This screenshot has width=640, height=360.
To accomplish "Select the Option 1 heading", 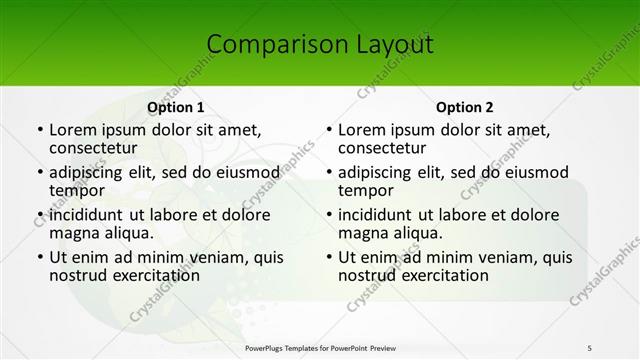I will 176,107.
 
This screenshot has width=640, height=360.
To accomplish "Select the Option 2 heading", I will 465,107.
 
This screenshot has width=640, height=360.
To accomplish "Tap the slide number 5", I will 589,347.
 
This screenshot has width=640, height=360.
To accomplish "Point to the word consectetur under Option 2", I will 384,148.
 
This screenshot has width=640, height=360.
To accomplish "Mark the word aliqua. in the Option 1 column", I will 125,233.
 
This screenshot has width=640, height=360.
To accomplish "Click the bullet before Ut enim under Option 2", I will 329,257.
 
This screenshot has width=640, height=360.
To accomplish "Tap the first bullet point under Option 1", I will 40,130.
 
